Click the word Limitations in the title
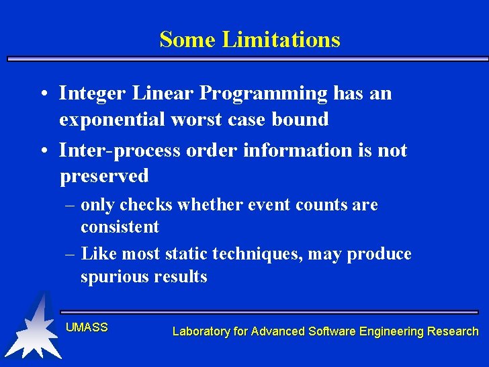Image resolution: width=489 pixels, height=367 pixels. coord(281,40)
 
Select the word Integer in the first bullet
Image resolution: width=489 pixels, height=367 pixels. coord(87,93)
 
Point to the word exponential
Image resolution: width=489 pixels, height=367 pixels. coord(112,120)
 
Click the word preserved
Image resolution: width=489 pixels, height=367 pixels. coord(104,176)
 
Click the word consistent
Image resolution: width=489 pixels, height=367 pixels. coord(120,227)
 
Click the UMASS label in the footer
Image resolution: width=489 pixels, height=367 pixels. coord(87,327)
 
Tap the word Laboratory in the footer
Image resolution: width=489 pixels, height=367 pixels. coord(200,331)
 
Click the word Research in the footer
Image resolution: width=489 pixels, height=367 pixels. coord(453,331)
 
